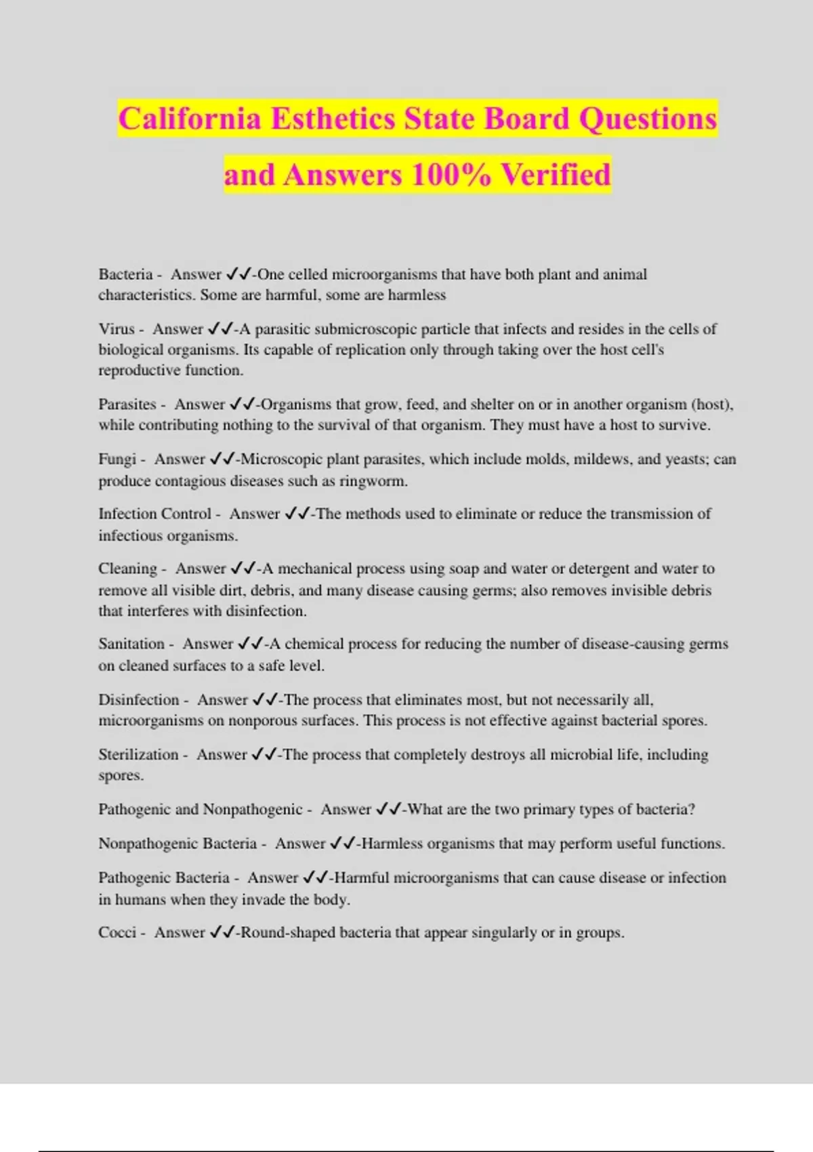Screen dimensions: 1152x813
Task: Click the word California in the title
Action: (x=190, y=119)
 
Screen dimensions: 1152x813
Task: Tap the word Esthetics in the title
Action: (x=333, y=119)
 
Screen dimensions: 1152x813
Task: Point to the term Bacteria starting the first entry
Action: (x=125, y=274)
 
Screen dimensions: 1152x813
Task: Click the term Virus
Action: (x=117, y=329)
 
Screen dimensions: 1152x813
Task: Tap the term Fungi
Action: (x=117, y=459)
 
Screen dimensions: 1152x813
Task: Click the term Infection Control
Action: (x=154, y=514)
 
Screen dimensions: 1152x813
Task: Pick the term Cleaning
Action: (x=127, y=569)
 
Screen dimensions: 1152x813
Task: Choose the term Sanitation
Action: (x=131, y=644)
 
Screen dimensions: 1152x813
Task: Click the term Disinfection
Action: (x=139, y=699)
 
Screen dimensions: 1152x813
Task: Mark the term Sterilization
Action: (x=138, y=754)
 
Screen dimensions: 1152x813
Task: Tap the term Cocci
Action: (x=117, y=932)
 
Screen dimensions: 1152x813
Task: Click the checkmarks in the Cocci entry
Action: (x=222, y=932)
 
